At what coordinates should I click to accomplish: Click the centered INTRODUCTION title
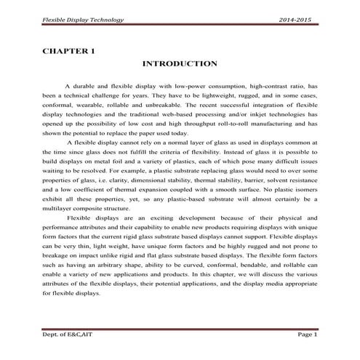click(x=180, y=64)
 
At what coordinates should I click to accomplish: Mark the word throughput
click(x=204, y=123)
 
